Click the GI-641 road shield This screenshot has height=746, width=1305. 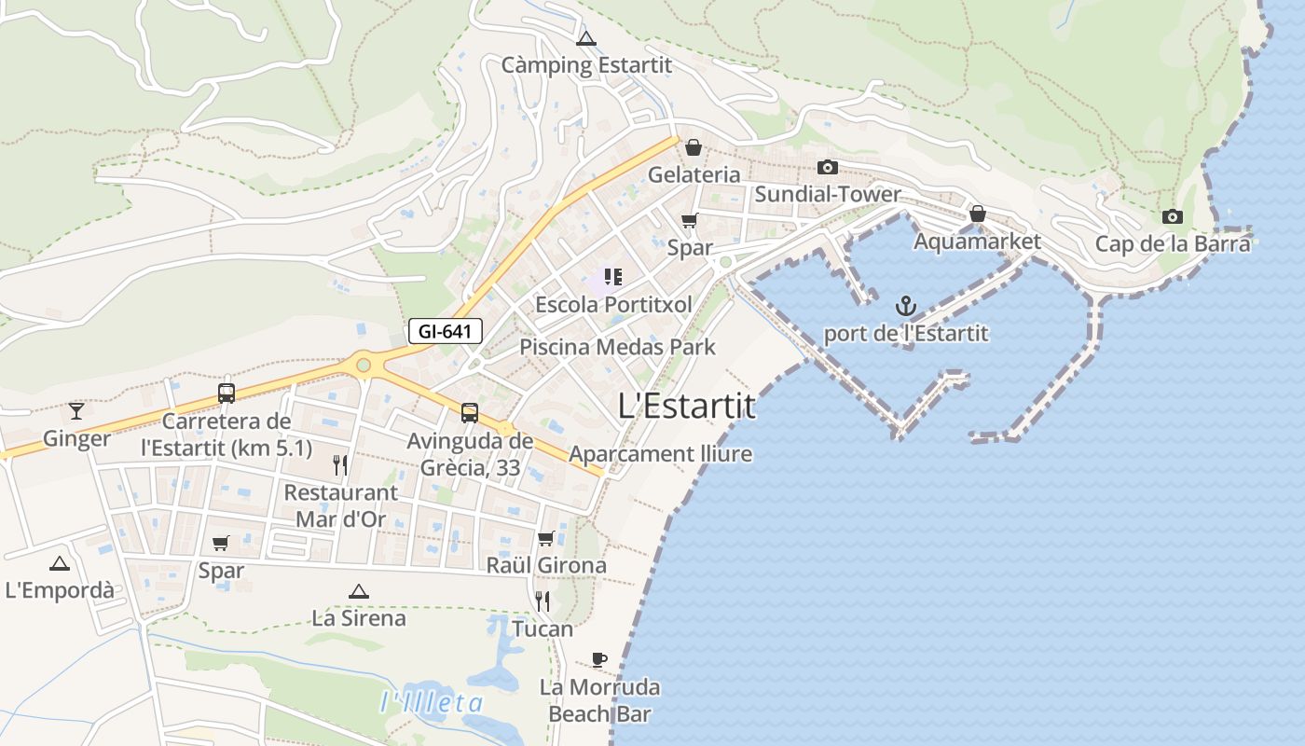pyautogui.click(x=446, y=330)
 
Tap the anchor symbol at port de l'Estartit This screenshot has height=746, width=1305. pyautogui.click(x=905, y=305)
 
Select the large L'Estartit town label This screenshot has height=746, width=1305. pyautogui.click(x=687, y=407)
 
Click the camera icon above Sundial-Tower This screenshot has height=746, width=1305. pyautogui.click(x=827, y=168)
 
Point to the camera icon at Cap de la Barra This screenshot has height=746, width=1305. pyautogui.click(x=1173, y=217)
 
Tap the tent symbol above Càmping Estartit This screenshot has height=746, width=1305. pyautogui.click(x=585, y=39)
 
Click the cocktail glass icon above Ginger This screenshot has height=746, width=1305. pyautogui.click(x=76, y=410)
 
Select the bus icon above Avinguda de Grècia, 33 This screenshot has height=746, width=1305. pyautogui.click(x=470, y=412)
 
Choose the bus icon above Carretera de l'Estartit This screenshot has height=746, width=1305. pyautogui.click(x=227, y=393)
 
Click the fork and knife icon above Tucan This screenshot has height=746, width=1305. pyautogui.click(x=543, y=601)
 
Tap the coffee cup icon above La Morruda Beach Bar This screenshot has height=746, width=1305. pyautogui.click(x=599, y=660)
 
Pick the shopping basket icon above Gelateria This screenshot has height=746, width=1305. pyautogui.click(x=694, y=147)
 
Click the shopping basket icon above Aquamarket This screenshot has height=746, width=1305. pyautogui.click(x=977, y=214)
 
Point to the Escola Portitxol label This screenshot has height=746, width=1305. pyautogui.click(x=613, y=305)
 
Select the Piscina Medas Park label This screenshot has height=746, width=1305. pyautogui.click(x=617, y=347)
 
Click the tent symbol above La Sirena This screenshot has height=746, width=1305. pyautogui.click(x=358, y=591)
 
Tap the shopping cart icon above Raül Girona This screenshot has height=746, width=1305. pyautogui.click(x=546, y=538)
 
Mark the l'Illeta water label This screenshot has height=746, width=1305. pyautogui.click(x=432, y=702)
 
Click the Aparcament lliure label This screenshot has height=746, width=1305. pyautogui.click(x=660, y=454)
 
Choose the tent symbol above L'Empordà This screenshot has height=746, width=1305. pyautogui.click(x=60, y=563)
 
